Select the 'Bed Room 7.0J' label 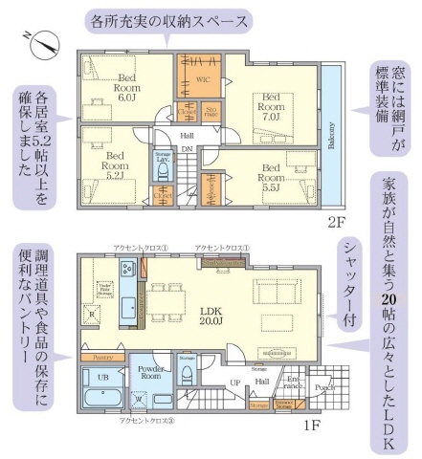271,102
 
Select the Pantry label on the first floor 103,357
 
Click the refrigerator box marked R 93,313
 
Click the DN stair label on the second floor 188,149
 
